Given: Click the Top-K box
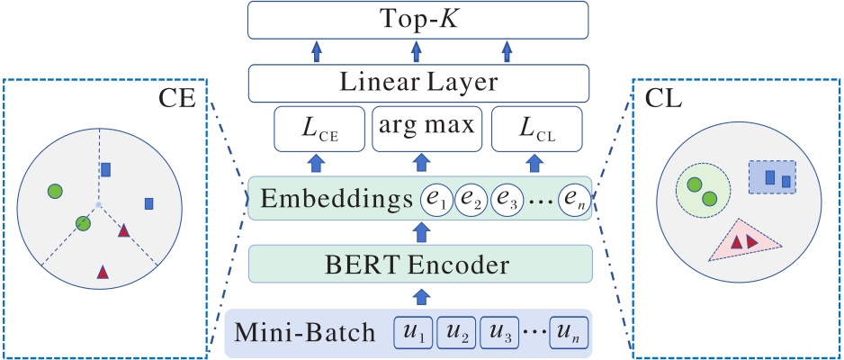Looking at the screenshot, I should (x=418, y=19).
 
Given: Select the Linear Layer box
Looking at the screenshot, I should (x=418, y=84).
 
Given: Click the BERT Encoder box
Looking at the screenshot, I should (x=420, y=265).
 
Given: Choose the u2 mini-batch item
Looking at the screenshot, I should (x=457, y=332).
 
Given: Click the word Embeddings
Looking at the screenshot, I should (x=331, y=199).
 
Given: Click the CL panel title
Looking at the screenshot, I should (x=662, y=99).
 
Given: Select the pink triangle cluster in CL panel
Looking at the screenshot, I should (x=744, y=239).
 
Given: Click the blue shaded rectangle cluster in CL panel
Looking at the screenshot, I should (x=772, y=178).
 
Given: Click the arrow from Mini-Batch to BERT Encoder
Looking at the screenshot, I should (x=419, y=297).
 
